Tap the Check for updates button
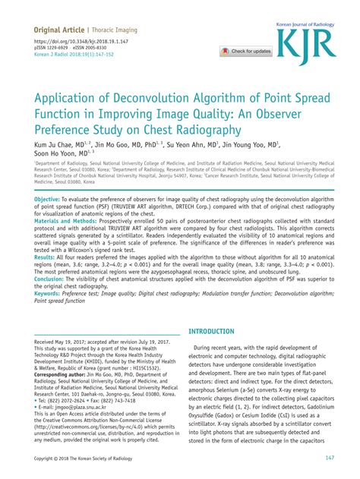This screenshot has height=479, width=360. tap(245, 52)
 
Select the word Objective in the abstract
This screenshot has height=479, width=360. tap(49, 199)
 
